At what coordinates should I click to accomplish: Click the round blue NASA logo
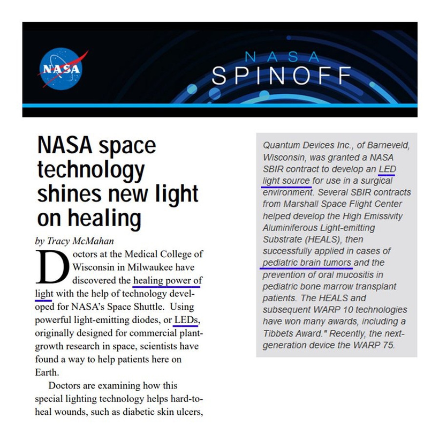pos(62,69)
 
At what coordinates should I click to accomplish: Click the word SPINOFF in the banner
pos(282,76)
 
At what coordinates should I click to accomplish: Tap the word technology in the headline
pos(90,170)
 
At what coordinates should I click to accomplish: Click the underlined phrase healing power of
pos(168,280)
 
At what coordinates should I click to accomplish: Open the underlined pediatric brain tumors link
pos(307,263)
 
